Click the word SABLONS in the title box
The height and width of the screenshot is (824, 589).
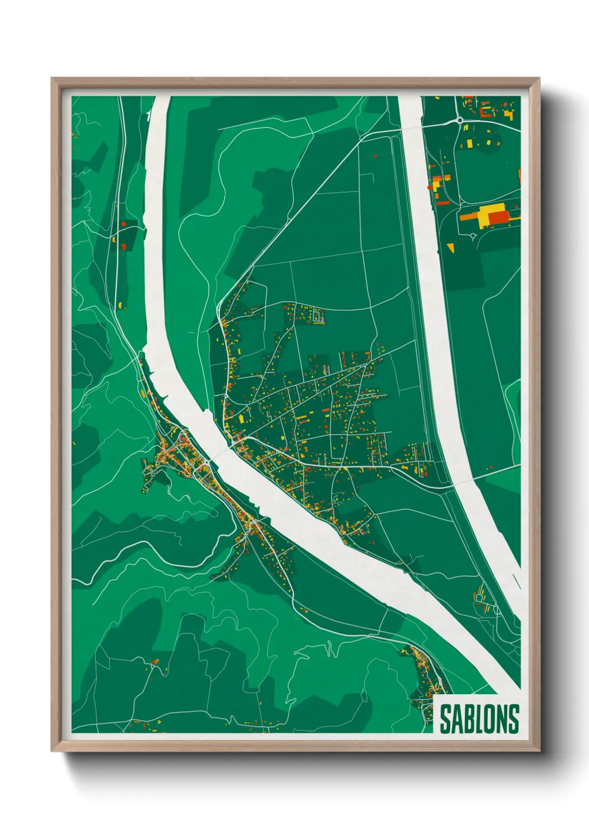479,719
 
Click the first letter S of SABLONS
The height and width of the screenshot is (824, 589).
445,719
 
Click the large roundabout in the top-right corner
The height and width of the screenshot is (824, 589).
459,120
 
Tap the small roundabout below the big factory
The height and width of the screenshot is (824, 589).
473,236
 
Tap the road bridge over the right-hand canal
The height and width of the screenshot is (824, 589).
410,129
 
